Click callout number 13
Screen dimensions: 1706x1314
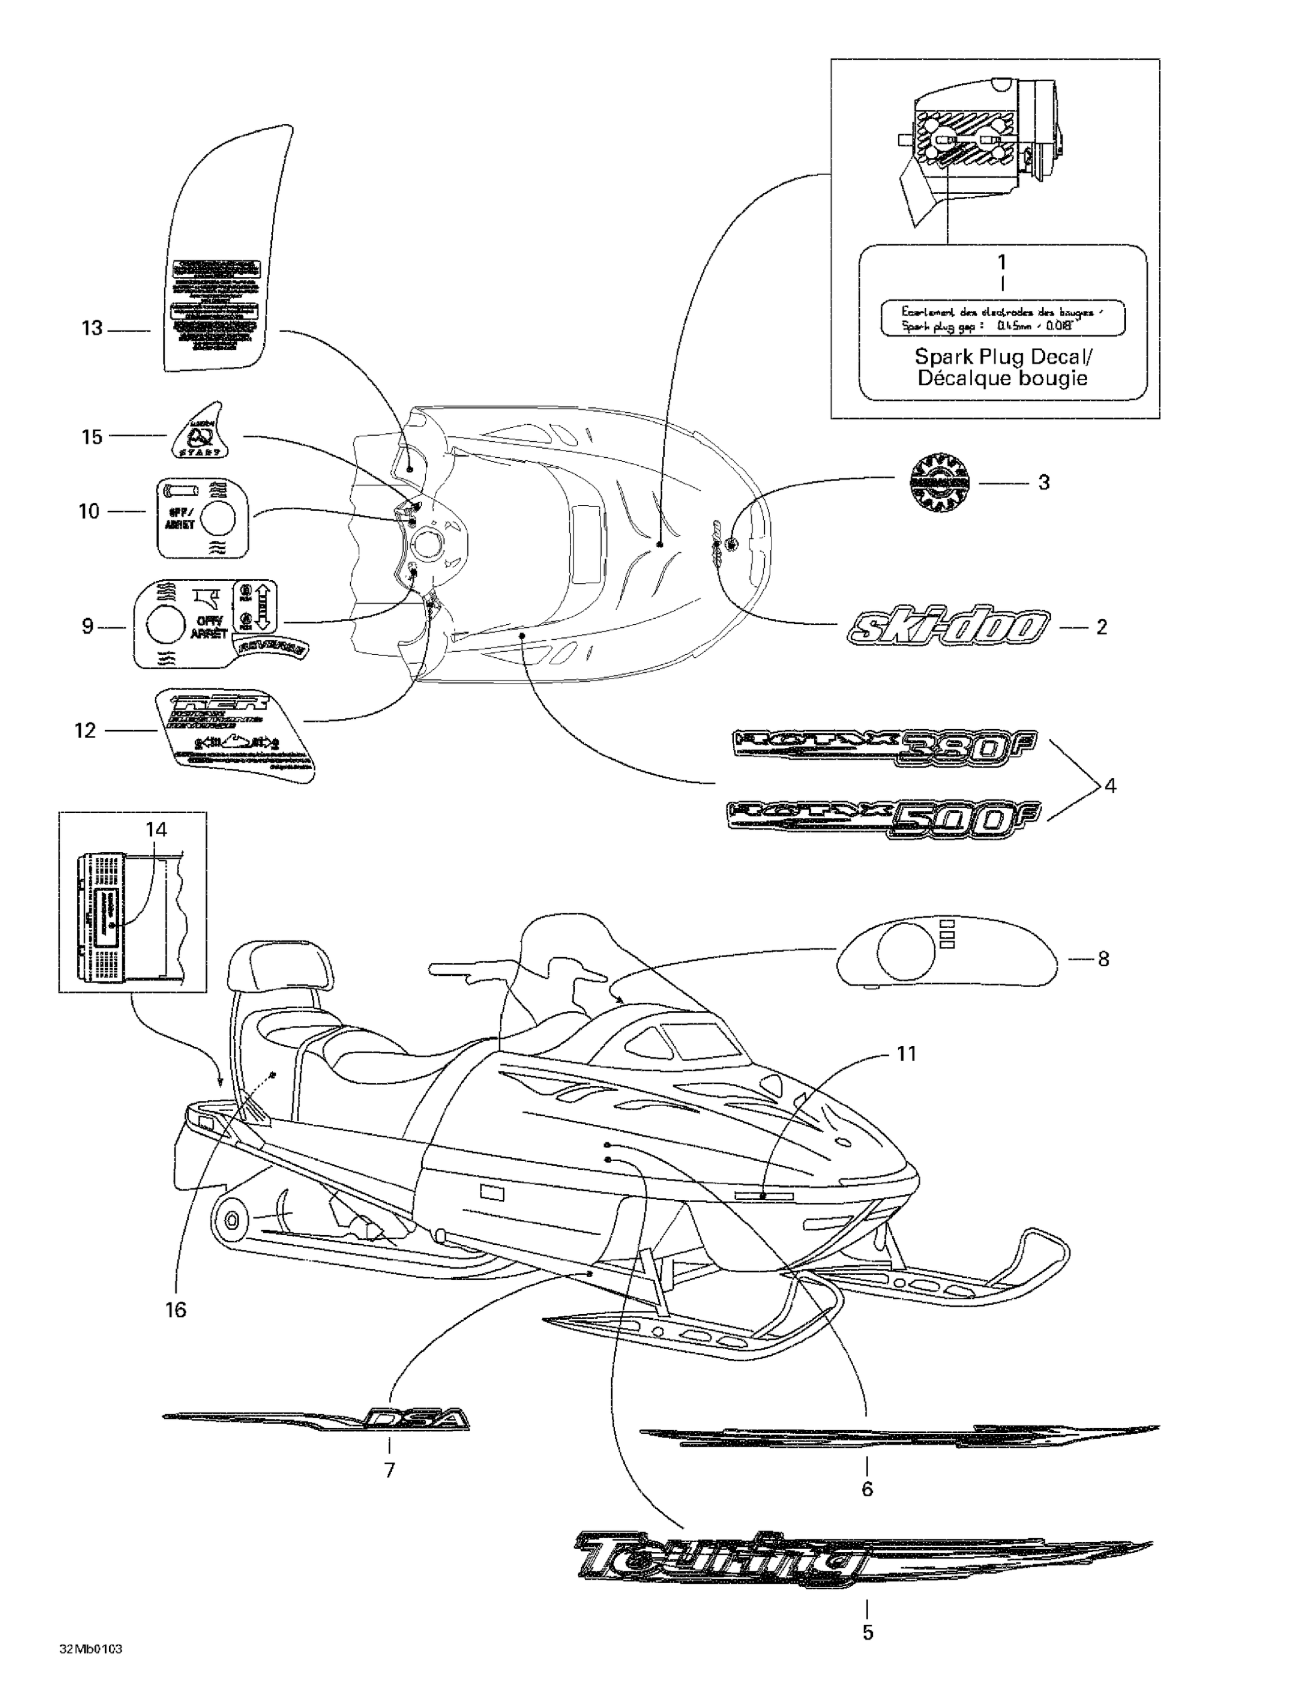(x=92, y=328)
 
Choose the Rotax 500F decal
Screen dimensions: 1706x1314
(x=875, y=819)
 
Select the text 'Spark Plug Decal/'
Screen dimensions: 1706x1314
(x=1003, y=357)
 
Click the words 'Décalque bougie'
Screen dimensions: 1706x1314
(x=1003, y=379)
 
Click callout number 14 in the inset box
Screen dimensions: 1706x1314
(x=156, y=829)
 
